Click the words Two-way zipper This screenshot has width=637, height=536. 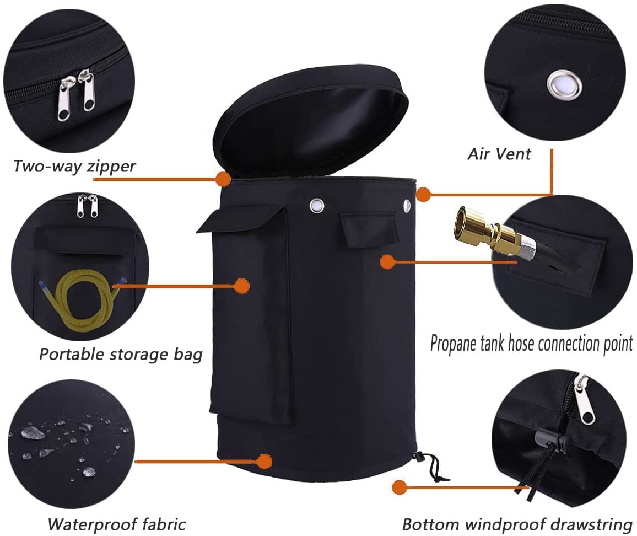click(x=74, y=167)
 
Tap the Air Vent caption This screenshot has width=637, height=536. click(x=499, y=154)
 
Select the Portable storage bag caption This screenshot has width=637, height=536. click(x=121, y=355)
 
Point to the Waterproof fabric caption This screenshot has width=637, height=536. click(x=117, y=524)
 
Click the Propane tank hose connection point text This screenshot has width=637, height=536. click(x=531, y=344)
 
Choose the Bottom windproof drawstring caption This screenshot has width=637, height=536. click(x=517, y=524)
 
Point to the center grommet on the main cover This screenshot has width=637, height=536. click(x=317, y=205)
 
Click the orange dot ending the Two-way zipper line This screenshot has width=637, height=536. click(x=223, y=179)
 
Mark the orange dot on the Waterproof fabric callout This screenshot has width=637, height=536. click(x=264, y=461)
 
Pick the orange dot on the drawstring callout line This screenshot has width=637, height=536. click(x=400, y=487)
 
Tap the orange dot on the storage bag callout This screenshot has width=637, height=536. click(x=242, y=286)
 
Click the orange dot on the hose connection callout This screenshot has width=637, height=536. click(x=387, y=262)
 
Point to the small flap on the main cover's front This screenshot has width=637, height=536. click(x=368, y=230)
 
